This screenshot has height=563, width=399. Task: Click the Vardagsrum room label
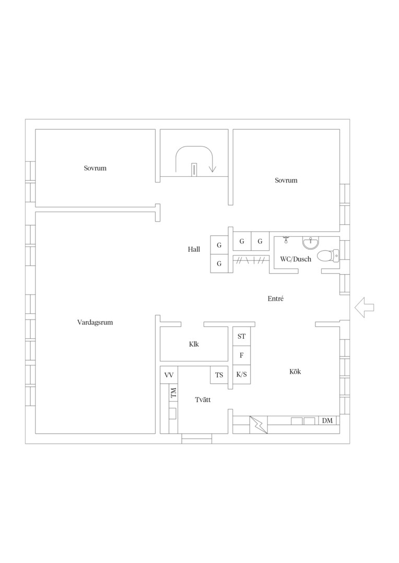(95, 323)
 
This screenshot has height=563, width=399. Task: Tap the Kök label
(295, 372)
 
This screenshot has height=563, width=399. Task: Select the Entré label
(276, 299)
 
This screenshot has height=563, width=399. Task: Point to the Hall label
(194, 249)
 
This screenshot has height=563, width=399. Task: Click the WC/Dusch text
(296, 259)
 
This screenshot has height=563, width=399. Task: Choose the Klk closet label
(194, 345)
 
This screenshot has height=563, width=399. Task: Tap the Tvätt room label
(203, 400)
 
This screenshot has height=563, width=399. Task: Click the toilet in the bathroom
(329, 255)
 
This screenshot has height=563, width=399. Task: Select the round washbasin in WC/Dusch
(311, 243)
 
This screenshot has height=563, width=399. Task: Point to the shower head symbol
(286, 239)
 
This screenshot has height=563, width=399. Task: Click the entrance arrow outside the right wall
(365, 308)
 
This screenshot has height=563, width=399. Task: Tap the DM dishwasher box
(327, 421)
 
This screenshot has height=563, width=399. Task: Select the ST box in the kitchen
(242, 336)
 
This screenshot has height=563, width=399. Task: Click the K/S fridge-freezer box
(242, 375)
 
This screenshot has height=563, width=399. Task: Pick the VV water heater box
(169, 375)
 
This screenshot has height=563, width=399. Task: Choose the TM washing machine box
(173, 393)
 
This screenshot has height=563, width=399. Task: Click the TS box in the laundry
(219, 375)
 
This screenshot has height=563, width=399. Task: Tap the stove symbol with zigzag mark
(259, 425)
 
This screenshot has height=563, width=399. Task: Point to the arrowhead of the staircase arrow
(212, 169)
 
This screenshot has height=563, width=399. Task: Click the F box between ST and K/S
(242, 356)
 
